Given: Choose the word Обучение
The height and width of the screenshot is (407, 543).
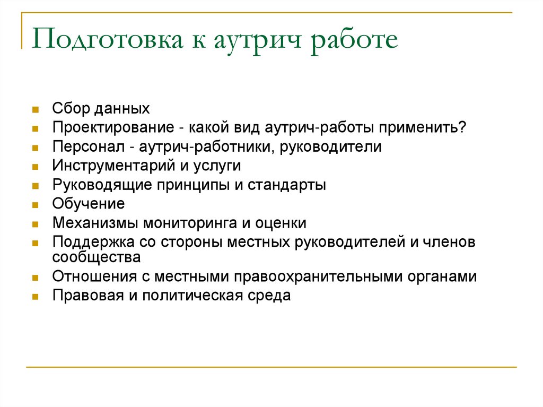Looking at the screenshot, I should point(89,204).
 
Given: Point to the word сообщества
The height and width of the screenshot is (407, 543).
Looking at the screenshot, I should point(97,257).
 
